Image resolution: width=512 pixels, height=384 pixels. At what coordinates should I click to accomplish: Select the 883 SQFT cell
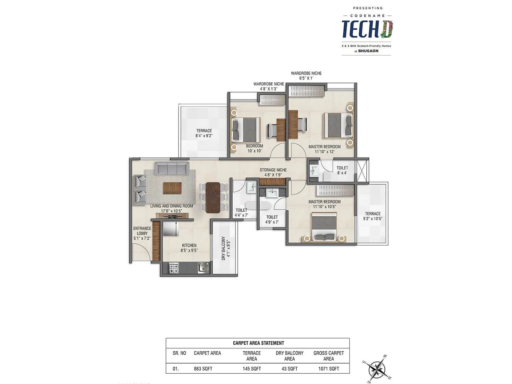point(203,369)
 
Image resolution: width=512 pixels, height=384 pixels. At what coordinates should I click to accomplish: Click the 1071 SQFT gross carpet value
point(328,369)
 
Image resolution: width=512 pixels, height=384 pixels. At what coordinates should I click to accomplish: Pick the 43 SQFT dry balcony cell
point(289,369)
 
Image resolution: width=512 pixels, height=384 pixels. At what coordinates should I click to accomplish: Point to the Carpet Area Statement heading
point(258,343)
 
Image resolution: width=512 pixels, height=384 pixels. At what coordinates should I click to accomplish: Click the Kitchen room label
point(189,248)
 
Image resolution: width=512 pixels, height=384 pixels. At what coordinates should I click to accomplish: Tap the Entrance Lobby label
point(142,233)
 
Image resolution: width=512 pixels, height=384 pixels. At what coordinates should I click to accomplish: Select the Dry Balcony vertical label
point(226,248)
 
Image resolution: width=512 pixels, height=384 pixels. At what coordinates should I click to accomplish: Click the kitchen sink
point(203,268)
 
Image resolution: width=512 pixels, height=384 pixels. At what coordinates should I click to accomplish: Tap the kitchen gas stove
point(173,268)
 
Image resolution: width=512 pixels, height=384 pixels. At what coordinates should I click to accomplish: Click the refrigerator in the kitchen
point(170,229)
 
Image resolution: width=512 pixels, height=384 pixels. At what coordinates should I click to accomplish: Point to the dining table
point(213,197)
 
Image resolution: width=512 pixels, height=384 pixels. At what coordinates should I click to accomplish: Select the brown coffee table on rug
point(172,188)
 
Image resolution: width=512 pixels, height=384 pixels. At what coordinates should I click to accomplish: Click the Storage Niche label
point(273,172)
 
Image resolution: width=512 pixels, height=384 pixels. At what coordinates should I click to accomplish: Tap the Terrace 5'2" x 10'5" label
point(373,216)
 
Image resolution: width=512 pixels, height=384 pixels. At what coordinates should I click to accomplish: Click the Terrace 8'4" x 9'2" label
point(204,133)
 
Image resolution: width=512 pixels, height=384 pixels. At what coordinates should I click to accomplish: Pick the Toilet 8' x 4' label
point(342,170)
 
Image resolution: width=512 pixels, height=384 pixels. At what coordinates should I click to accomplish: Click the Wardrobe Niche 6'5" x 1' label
point(306,76)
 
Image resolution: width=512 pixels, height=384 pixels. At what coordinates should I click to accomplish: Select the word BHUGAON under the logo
point(368,51)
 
